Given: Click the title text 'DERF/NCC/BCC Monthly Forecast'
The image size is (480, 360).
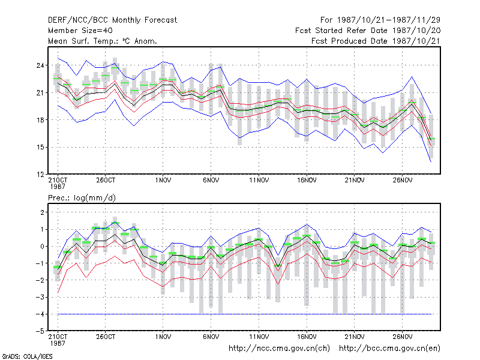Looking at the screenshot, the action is [112, 20].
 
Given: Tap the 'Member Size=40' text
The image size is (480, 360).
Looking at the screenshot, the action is [80, 31].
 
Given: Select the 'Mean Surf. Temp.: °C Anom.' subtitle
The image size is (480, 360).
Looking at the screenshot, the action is [102, 41].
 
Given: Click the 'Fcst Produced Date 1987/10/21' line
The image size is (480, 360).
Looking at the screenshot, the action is [376, 41].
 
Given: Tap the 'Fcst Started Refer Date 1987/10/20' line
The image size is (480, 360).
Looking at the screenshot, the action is [368, 31].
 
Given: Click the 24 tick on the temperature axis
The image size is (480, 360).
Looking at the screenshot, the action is [40, 65].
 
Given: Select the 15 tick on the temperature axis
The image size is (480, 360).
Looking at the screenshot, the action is [40, 147].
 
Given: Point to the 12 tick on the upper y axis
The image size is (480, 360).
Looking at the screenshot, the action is [40, 175].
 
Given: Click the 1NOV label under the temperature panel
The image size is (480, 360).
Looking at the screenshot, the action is [163, 181].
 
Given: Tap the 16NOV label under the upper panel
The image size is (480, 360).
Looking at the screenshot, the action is [307, 181].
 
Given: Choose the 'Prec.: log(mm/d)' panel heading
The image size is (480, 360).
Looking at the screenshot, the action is [82, 198].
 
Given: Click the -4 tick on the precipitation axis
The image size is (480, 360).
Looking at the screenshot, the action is [40, 314].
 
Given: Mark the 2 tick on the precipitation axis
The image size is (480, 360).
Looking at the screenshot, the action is [42, 212].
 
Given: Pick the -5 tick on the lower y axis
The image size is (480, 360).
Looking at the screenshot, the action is [40, 331].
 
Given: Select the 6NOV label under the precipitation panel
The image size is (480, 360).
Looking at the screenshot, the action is [211, 337].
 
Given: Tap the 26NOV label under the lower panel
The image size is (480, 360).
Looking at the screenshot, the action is [403, 337].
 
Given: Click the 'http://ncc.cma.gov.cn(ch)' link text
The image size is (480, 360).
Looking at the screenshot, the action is [279, 349].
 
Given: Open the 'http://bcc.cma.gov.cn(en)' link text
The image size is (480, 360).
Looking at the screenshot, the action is [389, 349].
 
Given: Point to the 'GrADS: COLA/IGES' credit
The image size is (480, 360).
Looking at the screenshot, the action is [27, 356].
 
